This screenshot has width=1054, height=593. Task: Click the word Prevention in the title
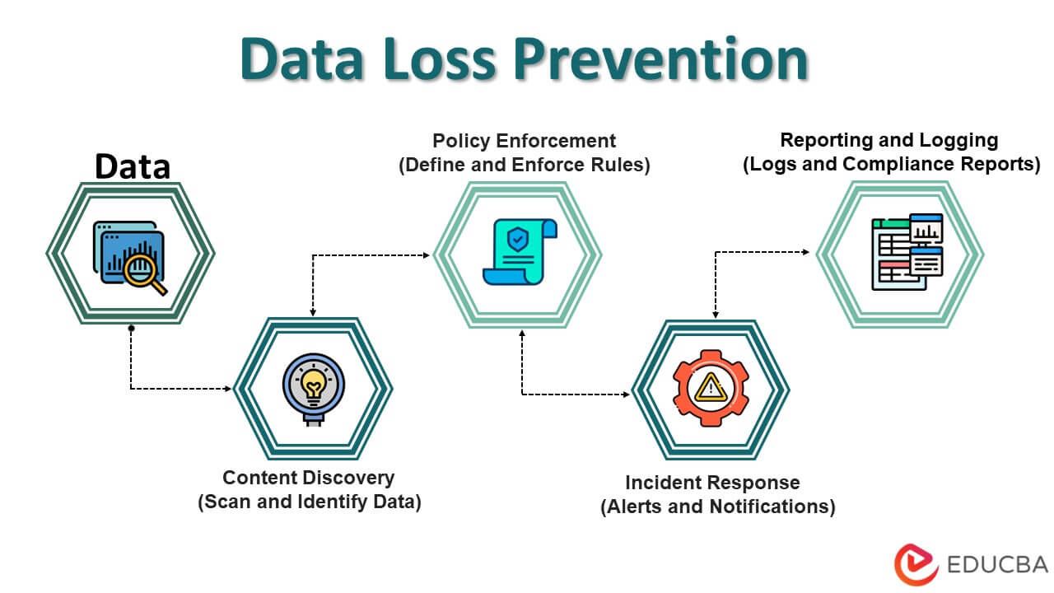click(x=660, y=60)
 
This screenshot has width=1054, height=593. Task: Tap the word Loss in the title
click(x=440, y=60)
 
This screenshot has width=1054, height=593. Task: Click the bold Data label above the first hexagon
click(x=133, y=166)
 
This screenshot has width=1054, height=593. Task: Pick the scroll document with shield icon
click(x=520, y=252)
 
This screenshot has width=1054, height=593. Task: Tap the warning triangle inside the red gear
click(x=711, y=387)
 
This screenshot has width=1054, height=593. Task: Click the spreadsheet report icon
click(x=907, y=252)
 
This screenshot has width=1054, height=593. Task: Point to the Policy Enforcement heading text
click(x=524, y=141)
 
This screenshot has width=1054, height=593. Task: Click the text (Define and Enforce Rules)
click(x=525, y=165)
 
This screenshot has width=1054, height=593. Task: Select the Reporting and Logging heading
click(x=888, y=140)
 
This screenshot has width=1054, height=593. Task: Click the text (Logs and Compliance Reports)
click(x=891, y=164)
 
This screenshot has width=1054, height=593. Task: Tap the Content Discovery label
click(x=309, y=478)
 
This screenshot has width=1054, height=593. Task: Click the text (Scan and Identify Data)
click(x=309, y=502)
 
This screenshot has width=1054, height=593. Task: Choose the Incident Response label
click(x=712, y=483)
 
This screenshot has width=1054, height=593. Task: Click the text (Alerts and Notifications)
click(x=717, y=507)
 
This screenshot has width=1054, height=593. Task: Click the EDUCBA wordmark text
click(x=997, y=565)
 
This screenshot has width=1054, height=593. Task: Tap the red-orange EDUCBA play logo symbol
click(x=916, y=564)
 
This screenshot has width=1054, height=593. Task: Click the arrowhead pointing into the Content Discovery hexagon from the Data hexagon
click(x=228, y=389)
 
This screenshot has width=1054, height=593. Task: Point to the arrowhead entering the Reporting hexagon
click(x=805, y=252)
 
